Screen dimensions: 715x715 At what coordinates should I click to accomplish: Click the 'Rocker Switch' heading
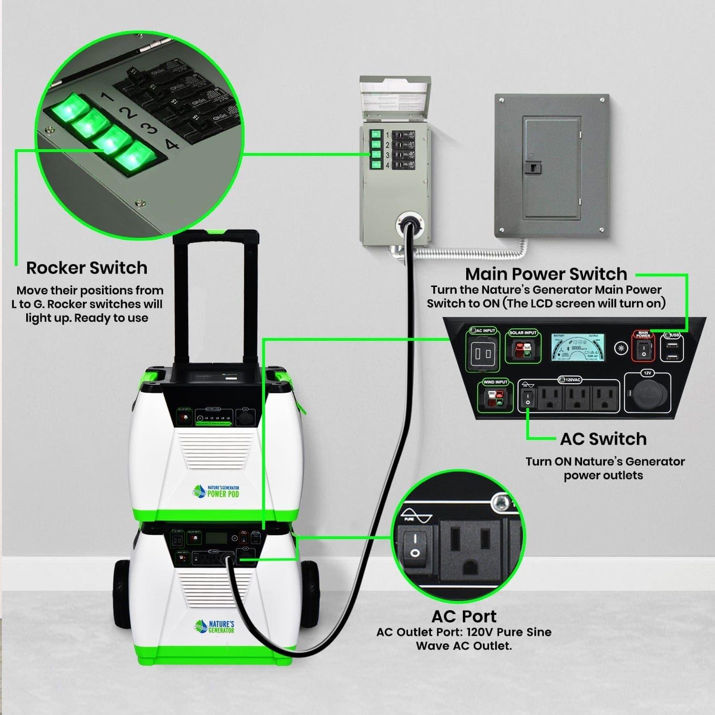click(87, 268)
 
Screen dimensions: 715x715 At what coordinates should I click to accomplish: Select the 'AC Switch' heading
click(603, 439)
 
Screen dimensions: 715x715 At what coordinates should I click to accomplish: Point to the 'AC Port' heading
click(464, 616)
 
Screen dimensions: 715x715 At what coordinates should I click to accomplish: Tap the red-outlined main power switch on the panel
click(643, 350)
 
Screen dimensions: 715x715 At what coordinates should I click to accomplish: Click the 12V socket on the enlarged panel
click(647, 395)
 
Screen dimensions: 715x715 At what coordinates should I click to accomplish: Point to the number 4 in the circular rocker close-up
click(173, 144)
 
